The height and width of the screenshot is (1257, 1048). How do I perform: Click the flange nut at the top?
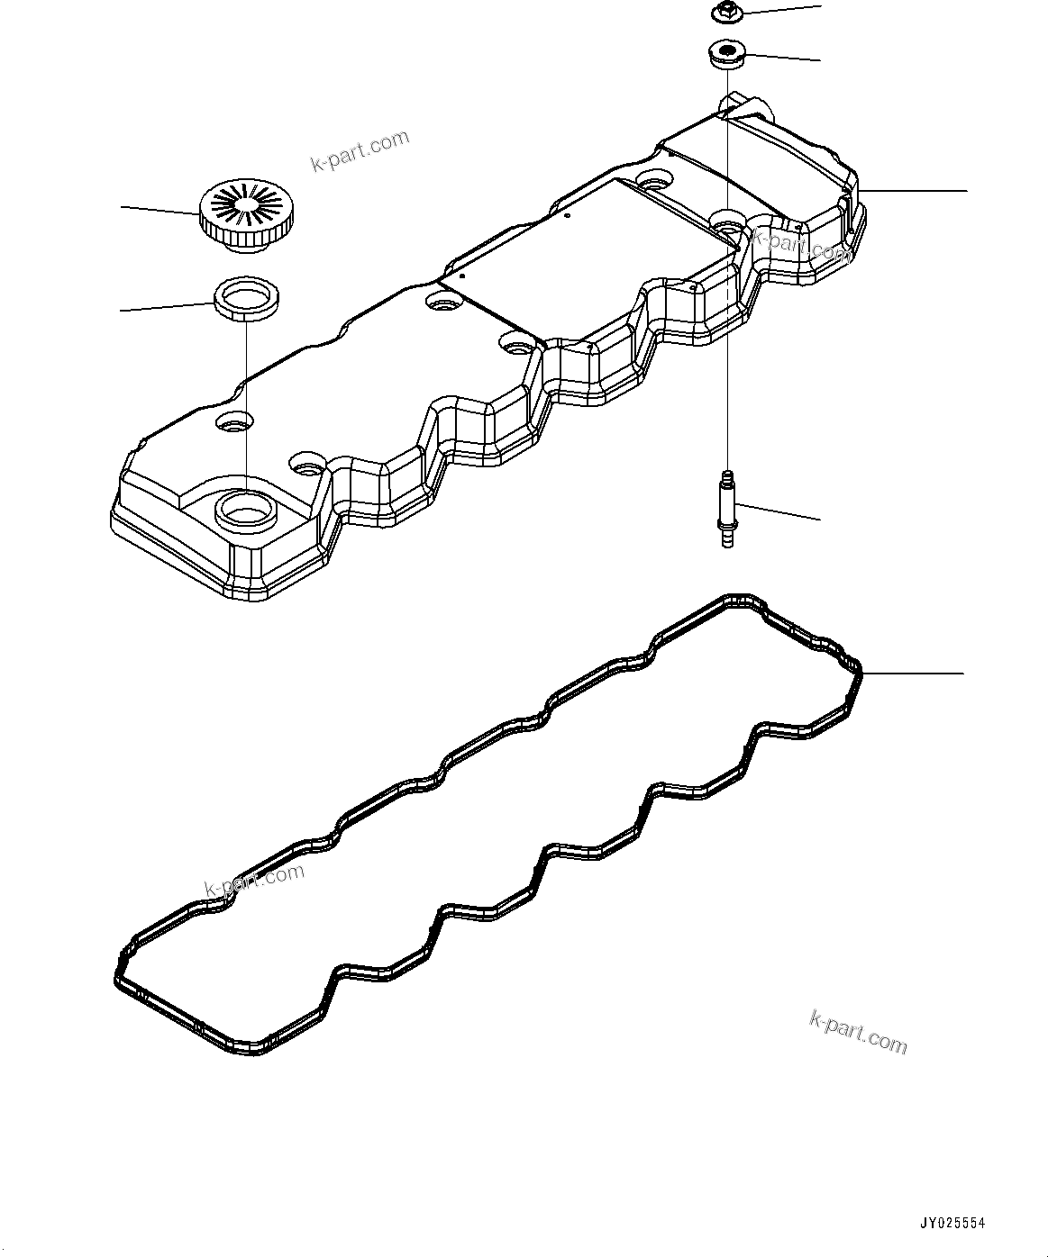click(x=725, y=13)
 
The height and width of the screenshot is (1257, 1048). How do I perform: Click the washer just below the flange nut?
click(x=726, y=54)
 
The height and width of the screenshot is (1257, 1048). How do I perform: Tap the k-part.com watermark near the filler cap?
click(x=360, y=150)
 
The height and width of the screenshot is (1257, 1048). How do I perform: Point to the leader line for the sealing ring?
click(x=167, y=306)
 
